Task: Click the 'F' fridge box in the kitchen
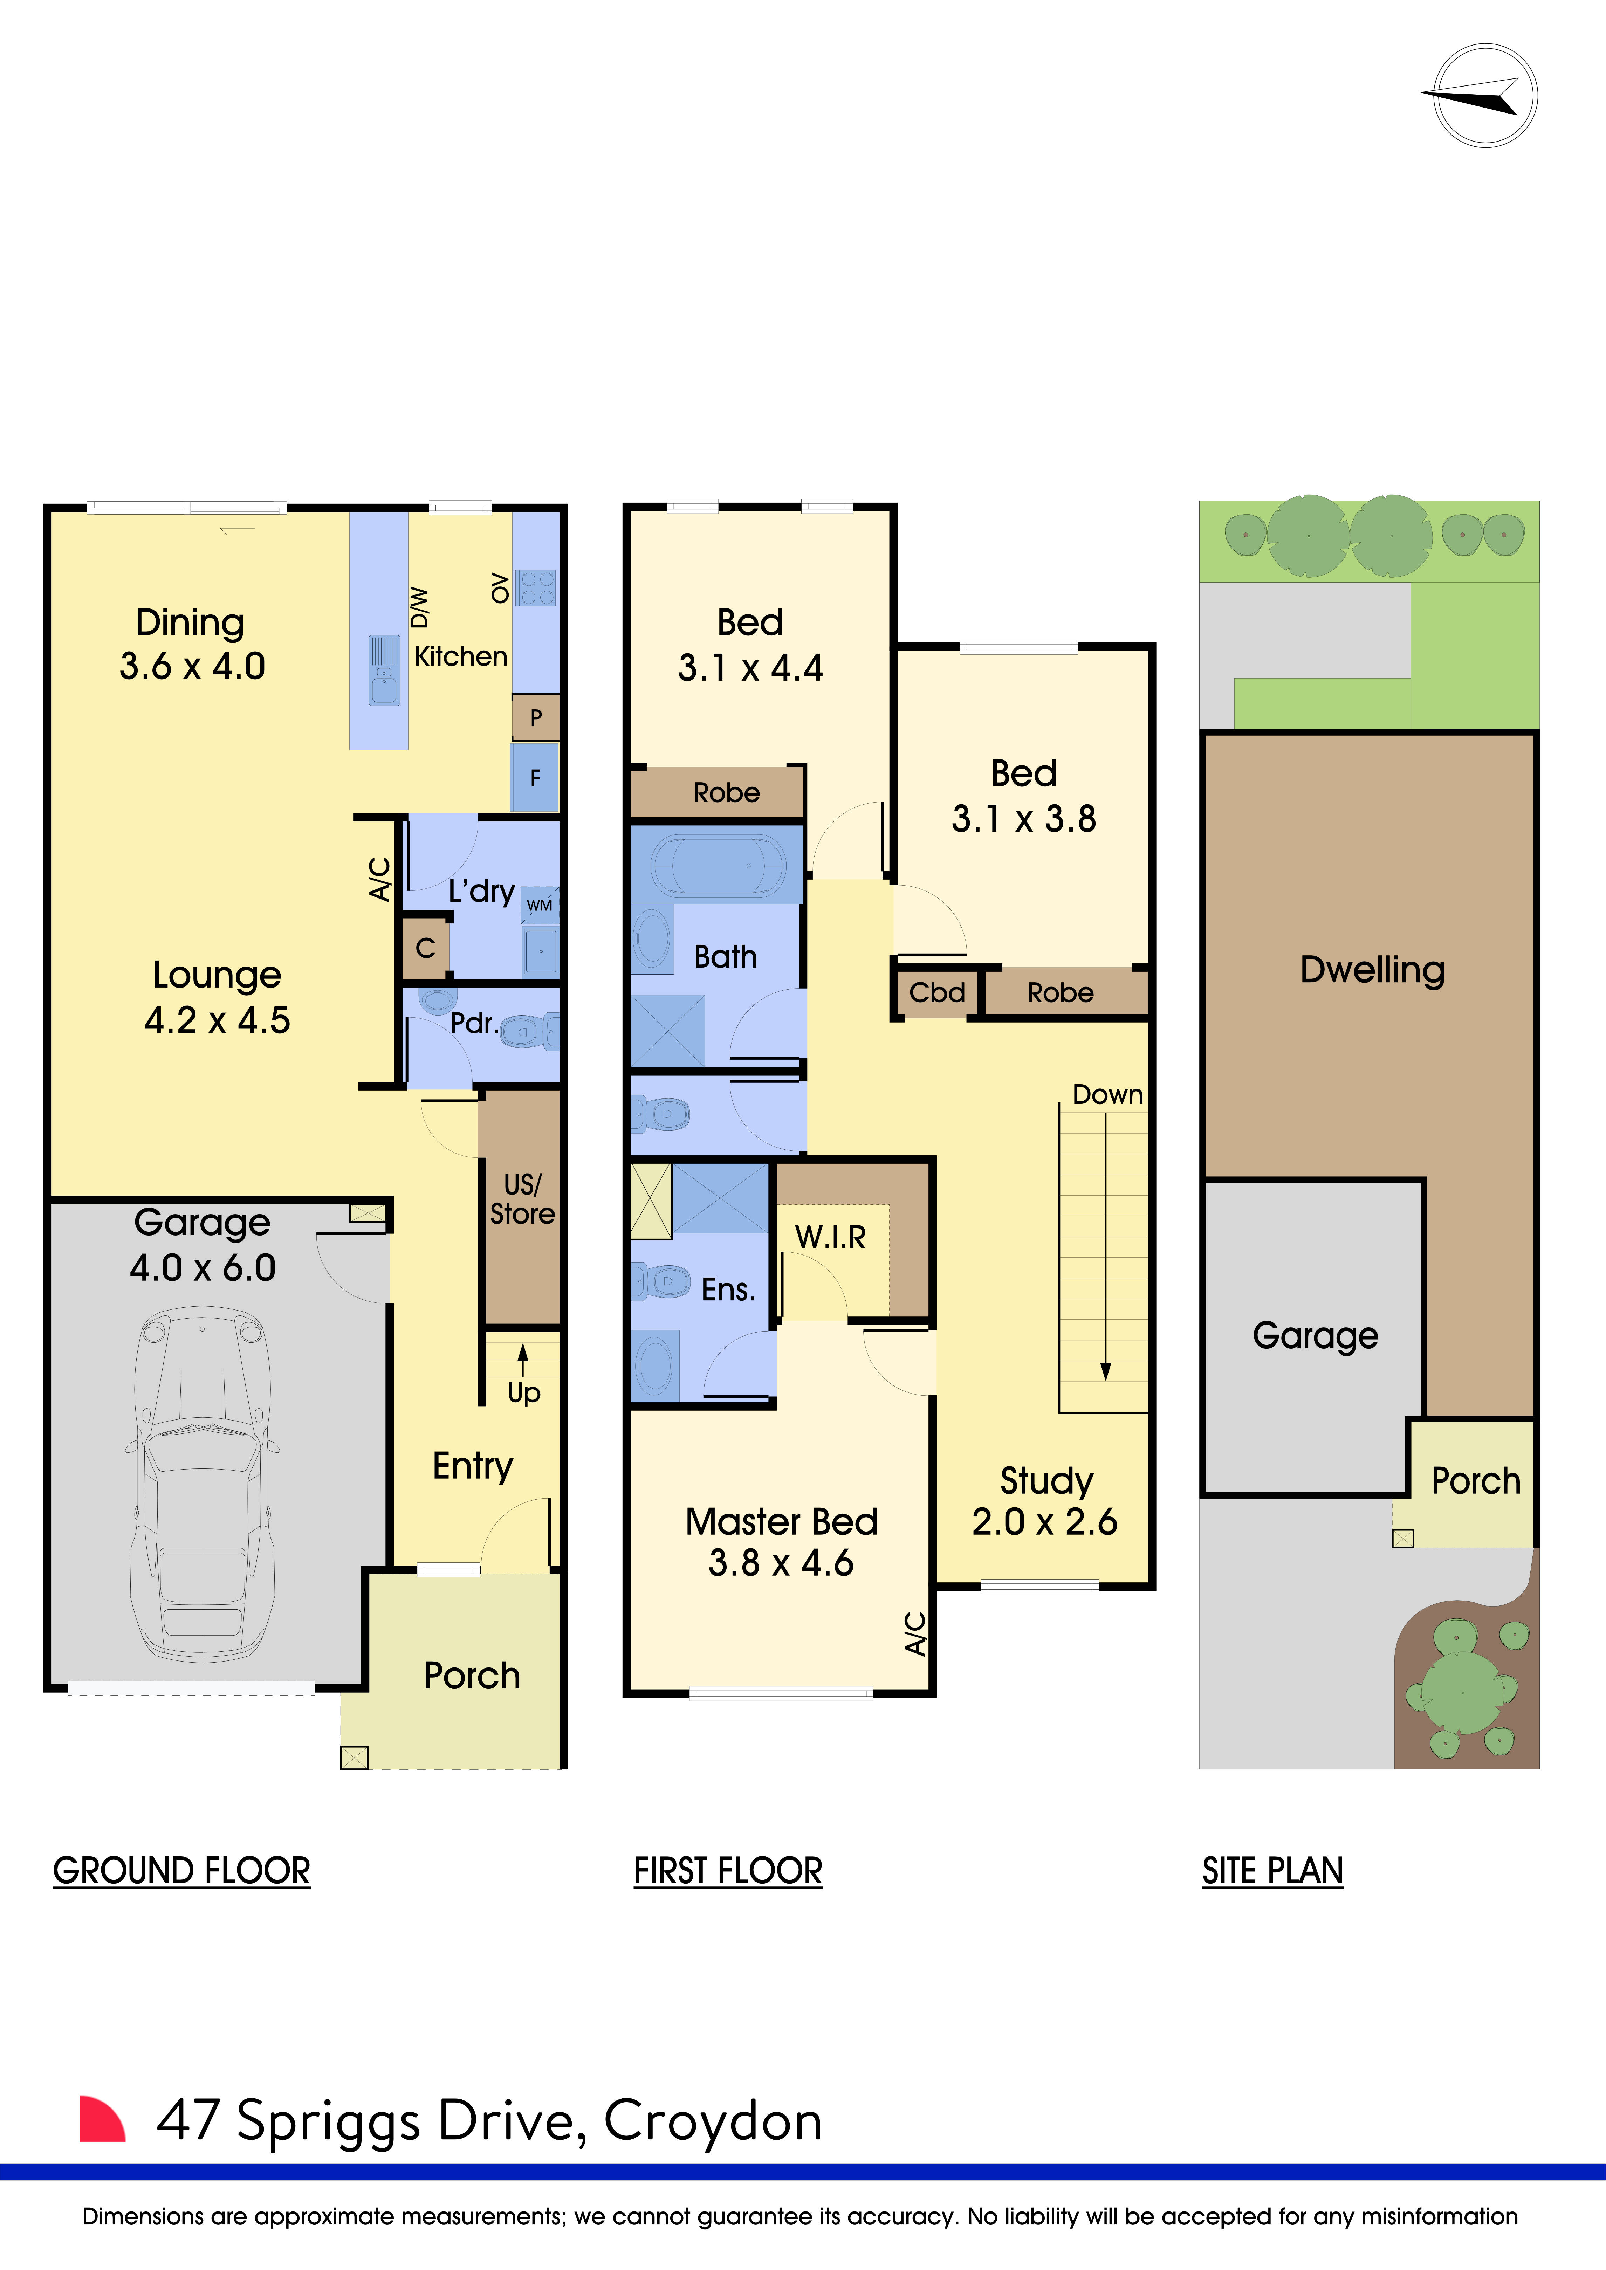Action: click(x=535, y=778)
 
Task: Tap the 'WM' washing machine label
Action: click(x=539, y=904)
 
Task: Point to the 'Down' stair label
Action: click(x=1107, y=1094)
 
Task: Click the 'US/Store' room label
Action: click(x=522, y=1199)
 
